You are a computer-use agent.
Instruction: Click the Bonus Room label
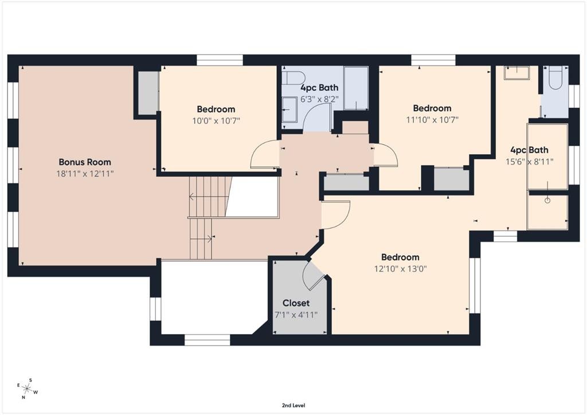pyautogui.click(x=85, y=162)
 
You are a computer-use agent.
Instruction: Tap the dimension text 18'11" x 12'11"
pyautogui.click(x=85, y=174)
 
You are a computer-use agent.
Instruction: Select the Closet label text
pyautogui.click(x=296, y=303)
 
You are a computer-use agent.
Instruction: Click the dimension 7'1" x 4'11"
pyautogui.click(x=296, y=314)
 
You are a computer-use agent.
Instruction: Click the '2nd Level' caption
pyautogui.click(x=293, y=405)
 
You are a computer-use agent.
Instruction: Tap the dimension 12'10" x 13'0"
pyautogui.click(x=400, y=268)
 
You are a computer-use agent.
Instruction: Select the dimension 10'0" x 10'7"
pyautogui.click(x=216, y=120)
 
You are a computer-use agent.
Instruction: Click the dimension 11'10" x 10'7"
pyautogui.click(x=432, y=119)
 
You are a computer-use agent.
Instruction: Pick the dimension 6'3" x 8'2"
pyautogui.click(x=320, y=99)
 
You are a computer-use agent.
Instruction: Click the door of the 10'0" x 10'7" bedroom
pyautogui.click(x=264, y=155)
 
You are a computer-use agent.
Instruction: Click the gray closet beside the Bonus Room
pyautogui.click(x=147, y=93)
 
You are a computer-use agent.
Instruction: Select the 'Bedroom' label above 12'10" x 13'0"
pyautogui.click(x=400, y=257)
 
